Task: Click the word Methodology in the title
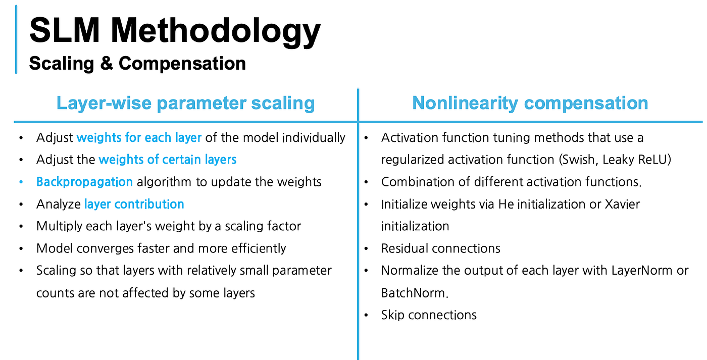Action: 216,31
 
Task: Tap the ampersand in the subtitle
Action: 107,63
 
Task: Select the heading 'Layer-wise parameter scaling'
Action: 186,103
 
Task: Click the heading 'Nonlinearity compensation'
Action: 530,103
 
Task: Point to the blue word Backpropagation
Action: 85,182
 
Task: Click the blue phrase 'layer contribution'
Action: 134,204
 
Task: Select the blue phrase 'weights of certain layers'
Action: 168,160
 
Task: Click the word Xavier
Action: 622,204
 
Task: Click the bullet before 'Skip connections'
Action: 367,315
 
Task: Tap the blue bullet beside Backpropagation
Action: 21,182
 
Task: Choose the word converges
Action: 105,248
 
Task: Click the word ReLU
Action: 652,160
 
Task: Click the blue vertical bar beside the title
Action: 16,39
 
